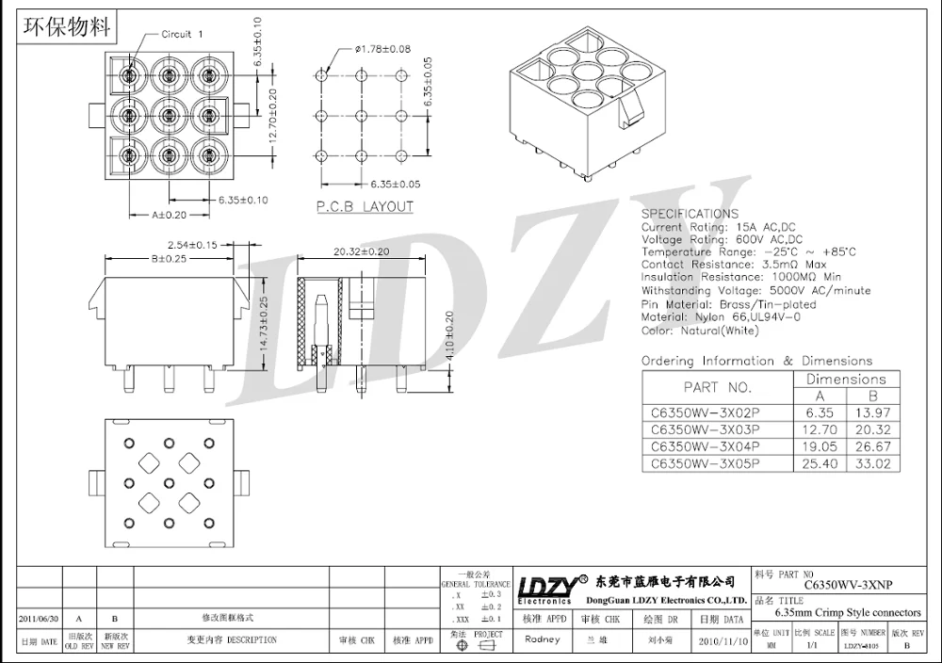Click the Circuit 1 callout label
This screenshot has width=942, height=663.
[x=176, y=34]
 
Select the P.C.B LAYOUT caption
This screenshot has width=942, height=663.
[x=365, y=206]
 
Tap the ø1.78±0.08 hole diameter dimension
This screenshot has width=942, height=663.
[x=382, y=49]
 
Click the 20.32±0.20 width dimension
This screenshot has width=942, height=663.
[x=361, y=251]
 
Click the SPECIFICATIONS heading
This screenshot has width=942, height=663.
[x=690, y=214]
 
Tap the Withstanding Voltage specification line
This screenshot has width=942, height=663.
[x=755, y=291]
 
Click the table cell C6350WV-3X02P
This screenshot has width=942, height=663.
[x=705, y=412]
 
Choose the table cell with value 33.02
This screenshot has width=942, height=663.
[x=872, y=463]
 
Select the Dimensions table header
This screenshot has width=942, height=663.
[x=846, y=379]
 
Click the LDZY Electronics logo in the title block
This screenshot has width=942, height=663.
[x=545, y=588]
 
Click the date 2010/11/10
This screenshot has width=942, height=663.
[x=720, y=640]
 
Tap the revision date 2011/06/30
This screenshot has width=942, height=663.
[x=39, y=619]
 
